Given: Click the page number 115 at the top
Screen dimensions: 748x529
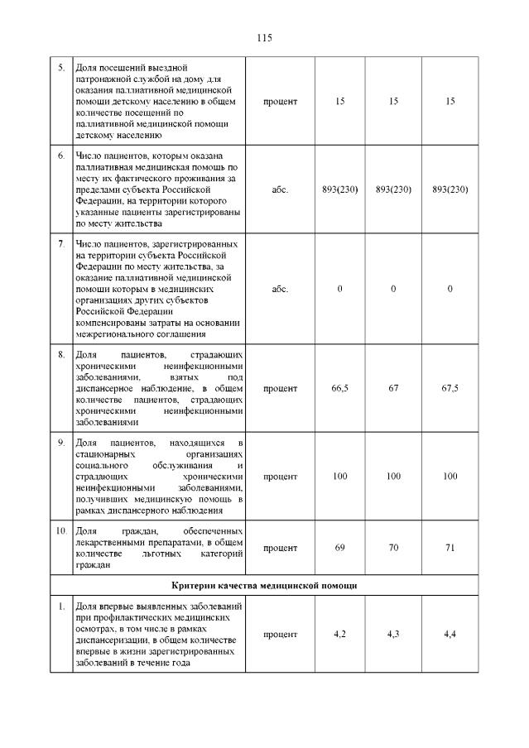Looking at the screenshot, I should click(x=264, y=38).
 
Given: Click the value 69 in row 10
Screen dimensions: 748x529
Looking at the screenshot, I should click(x=339, y=548).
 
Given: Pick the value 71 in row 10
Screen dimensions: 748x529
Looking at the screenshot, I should click(x=450, y=548).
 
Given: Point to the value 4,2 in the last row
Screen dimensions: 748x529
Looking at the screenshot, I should click(x=339, y=634).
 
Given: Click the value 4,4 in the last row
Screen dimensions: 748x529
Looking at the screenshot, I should click(x=450, y=634).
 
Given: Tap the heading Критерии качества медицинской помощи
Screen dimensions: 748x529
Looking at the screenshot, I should click(x=264, y=585).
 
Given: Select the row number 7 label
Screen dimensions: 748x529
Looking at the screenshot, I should click(x=61, y=244).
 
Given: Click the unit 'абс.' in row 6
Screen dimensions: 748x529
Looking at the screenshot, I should click(x=280, y=189).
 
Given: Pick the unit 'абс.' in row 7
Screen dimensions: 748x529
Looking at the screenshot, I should click(x=280, y=289).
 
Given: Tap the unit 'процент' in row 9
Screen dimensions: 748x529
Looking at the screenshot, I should click(x=280, y=477).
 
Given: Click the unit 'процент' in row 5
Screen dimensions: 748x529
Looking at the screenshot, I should click(x=280, y=101).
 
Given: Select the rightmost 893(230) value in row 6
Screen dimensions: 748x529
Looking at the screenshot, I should click(x=450, y=189).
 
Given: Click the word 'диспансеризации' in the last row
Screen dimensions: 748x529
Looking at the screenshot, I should click(x=110, y=640).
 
